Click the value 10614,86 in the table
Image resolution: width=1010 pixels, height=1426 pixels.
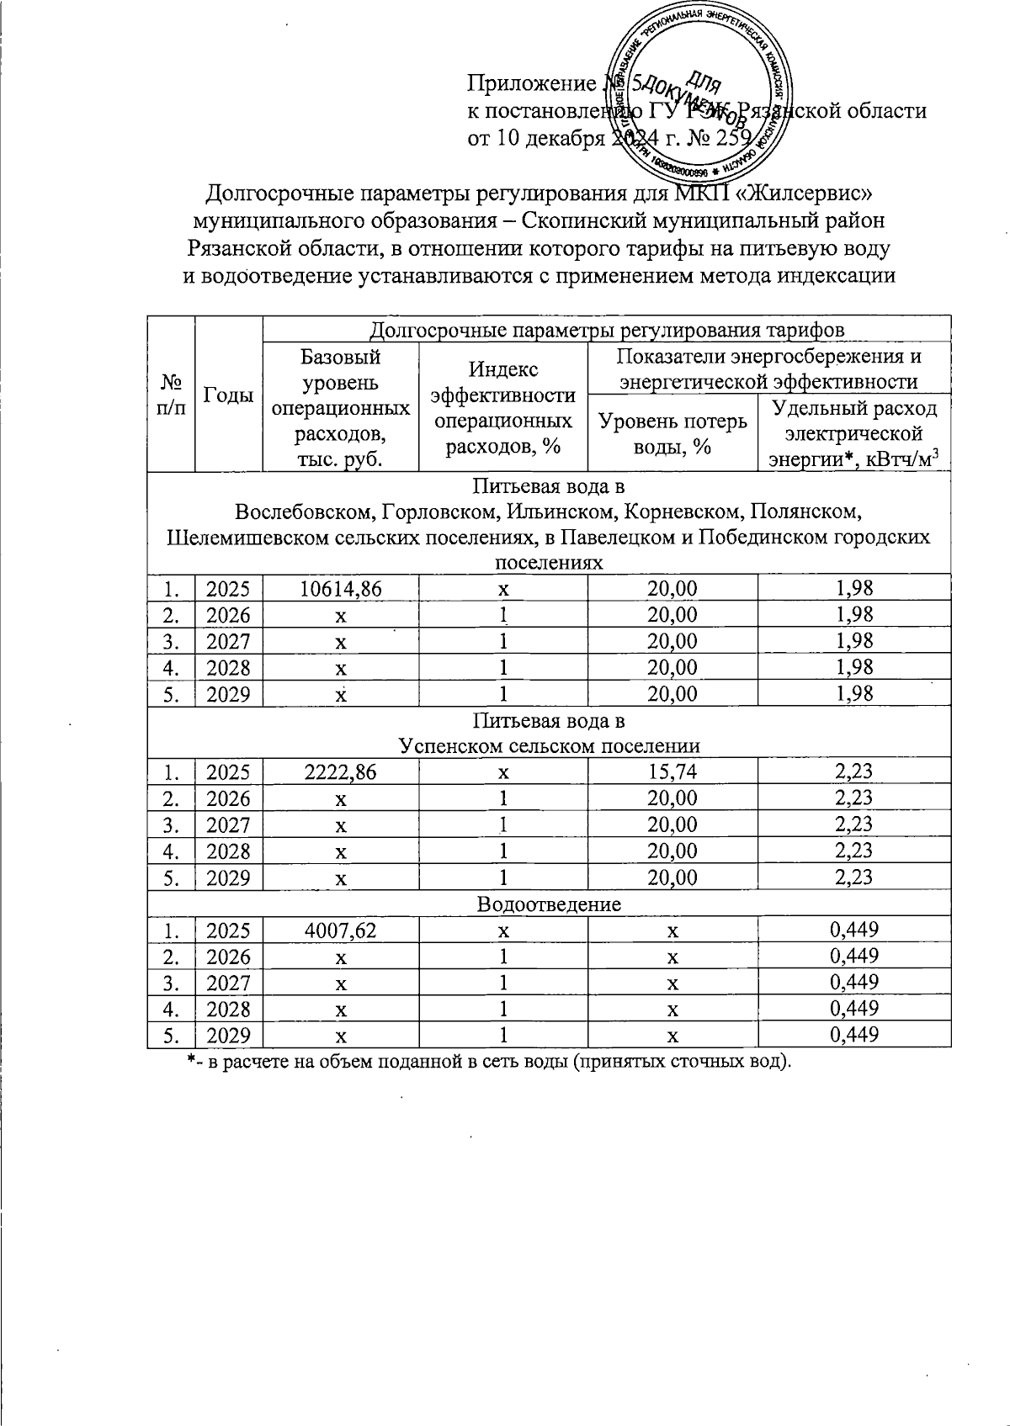tap(341, 590)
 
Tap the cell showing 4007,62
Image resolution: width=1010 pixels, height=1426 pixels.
tap(341, 930)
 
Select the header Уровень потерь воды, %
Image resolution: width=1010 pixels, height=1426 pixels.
tap(672, 434)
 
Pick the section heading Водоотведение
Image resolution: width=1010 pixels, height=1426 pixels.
tap(549, 904)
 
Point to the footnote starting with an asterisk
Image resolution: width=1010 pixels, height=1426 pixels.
tap(489, 1061)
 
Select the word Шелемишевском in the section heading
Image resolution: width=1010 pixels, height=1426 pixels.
tap(244, 537)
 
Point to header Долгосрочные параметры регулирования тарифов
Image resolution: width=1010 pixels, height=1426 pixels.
tap(607, 329)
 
